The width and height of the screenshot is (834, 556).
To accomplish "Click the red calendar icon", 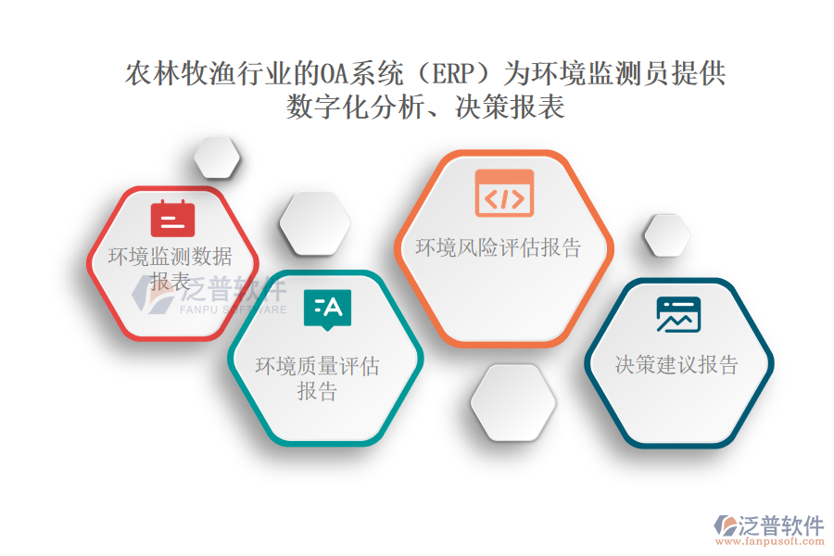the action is point(173,219).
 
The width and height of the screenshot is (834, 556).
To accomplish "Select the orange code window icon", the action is point(504,193).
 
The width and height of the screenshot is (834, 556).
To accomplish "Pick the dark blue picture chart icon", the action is point(678,314).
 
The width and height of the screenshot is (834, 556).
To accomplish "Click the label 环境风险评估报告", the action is point(499,248).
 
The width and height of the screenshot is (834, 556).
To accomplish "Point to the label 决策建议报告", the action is point(677,365).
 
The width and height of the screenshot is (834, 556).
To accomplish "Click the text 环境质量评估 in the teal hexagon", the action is point(318,366).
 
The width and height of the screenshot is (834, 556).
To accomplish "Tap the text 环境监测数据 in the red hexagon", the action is point(171,257).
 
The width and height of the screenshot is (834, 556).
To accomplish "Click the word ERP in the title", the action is point(453,73).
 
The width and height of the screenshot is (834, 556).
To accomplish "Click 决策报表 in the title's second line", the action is point(510,107).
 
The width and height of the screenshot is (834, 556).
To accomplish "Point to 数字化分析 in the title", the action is point(355,107).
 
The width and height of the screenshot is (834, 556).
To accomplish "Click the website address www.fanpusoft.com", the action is point(770,541).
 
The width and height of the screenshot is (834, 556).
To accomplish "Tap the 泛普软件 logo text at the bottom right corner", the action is point(781,525).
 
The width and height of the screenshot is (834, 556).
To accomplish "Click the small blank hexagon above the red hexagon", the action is point(217,158).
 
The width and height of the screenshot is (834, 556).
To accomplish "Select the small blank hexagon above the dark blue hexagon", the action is point(667,235).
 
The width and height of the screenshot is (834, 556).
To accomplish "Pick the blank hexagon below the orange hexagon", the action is point(513,403).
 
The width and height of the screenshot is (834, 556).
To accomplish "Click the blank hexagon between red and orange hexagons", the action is point(315,223).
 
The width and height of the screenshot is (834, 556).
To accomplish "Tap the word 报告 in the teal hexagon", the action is point(318,392).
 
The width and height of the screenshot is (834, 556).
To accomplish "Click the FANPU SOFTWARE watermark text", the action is point(233,310).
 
